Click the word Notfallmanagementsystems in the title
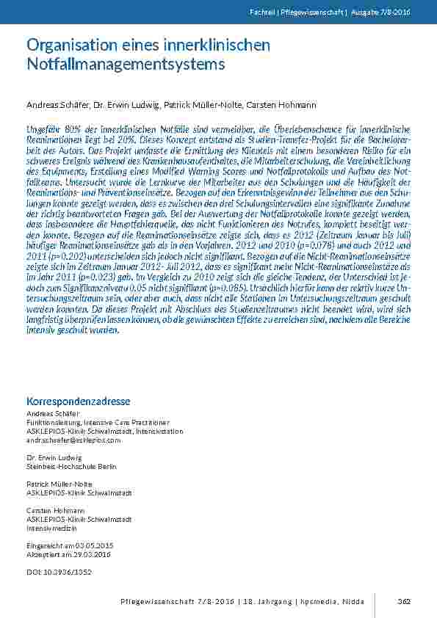point(126,65)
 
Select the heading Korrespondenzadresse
point(79,401)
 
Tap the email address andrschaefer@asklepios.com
point(73,440)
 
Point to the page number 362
point(403,601)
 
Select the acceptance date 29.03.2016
point(86,554)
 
